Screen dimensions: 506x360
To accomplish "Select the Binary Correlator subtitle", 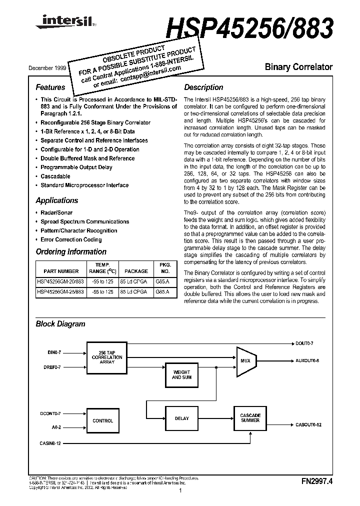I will point(298,66).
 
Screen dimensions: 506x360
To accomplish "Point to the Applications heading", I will point(56,200).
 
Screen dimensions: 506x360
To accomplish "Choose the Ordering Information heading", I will point(70,252).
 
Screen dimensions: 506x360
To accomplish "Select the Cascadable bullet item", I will point(55,176).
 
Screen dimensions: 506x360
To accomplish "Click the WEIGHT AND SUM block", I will point(181,375).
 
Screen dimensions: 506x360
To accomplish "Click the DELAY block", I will point(181,419).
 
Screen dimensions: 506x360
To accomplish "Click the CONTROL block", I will point(103,421).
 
